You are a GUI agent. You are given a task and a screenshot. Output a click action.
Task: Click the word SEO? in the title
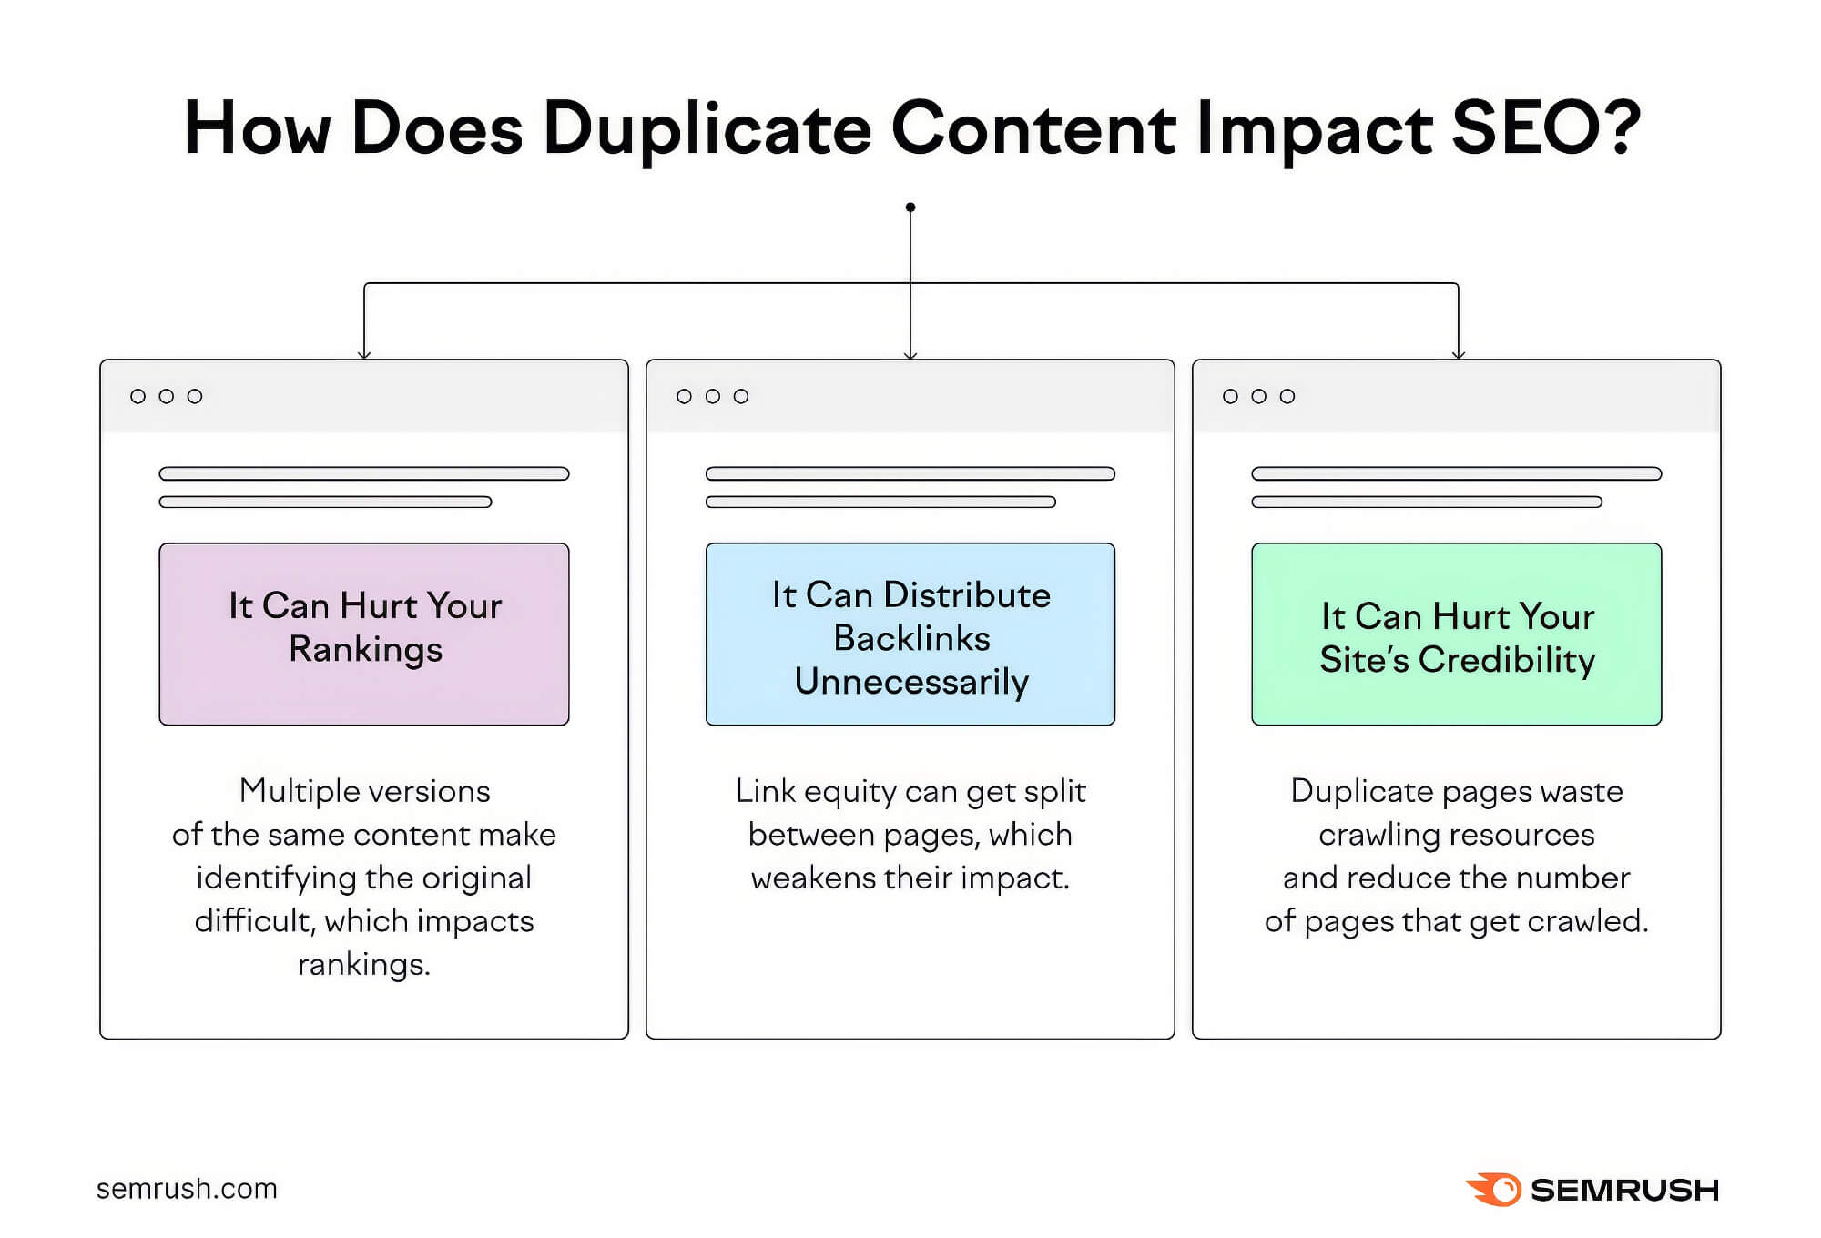tap(1545, 127)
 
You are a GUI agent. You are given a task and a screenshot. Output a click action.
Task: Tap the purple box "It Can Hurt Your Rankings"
tap(364, 634)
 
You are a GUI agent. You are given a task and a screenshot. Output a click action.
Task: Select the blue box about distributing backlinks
tap(910, 634)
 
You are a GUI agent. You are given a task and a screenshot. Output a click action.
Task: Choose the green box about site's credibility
tap(1457, 634)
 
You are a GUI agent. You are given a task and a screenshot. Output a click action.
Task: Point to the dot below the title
tap(910, 208)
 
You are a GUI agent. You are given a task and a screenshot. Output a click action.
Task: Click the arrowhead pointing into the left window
tap(364, 354)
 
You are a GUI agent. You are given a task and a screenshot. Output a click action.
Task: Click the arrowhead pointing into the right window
tap(1459, 354)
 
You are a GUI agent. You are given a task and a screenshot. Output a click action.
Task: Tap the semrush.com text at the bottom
tap(187, 1189)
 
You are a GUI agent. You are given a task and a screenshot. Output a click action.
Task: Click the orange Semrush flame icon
tap(1492, 1189)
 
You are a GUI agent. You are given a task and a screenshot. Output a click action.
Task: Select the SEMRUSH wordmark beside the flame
tap(1624, 1190)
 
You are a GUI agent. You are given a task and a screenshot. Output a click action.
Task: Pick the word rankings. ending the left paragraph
tap(364, 964)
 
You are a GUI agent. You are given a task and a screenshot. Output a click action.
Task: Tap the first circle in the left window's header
tap(138, 396)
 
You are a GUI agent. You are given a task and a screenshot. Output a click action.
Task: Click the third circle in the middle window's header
tap(741, 396)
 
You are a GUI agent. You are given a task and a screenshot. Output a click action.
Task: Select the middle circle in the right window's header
tap(1259, 396)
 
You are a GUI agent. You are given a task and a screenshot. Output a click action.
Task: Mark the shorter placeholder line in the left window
tap(325, 502)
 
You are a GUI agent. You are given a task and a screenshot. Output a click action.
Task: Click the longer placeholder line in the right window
tap(1457, 473)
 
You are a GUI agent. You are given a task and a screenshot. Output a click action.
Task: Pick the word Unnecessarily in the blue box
tap(911, 682)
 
